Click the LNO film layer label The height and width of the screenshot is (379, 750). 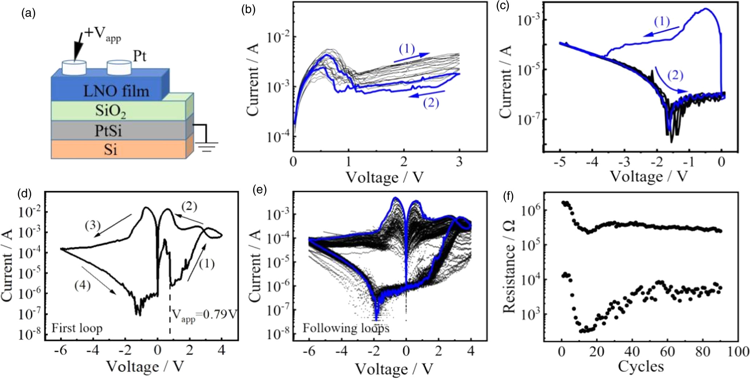116,91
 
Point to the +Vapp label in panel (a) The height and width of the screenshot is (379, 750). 102,34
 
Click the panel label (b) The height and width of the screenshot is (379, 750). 249,10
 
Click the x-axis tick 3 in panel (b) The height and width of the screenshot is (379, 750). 459,161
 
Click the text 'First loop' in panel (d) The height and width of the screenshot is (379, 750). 77,328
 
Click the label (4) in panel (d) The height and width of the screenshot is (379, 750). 82,285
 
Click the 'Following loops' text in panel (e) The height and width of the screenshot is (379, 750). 346,328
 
